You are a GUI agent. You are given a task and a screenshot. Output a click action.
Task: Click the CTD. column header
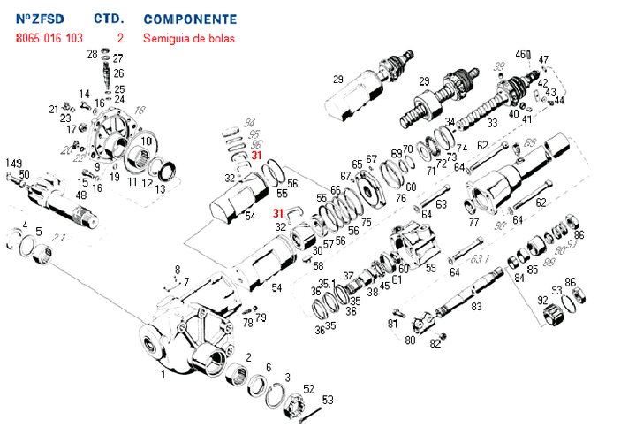pyautogui.click(x=109, y=19)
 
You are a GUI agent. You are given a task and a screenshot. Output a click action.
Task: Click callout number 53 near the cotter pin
pyautogui.click(x=328, y=400)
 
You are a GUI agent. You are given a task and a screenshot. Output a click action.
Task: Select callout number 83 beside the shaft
pyautogui.click(x=476, y=307)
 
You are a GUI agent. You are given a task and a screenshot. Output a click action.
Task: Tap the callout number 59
pyautogui.click(x=431, y=268)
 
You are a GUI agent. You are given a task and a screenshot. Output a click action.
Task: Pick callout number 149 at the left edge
pyautogui.click(x=13, y=164)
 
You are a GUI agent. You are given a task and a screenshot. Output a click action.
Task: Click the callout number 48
pyautogui.click(x=80, y=195)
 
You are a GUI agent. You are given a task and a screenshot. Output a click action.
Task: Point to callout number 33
pyautogui.click(x=492, y=122)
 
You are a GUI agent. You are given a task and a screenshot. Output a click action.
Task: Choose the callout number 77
pyautogui.click(x=473, y=221)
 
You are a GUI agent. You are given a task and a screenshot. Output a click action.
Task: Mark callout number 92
pyautogui.click(x=541, y=301)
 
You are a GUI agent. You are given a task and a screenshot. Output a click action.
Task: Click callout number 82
pyautogui.click(x=433, y=344)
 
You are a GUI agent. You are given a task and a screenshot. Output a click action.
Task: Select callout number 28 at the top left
pyautogui.click(x=92, y=55)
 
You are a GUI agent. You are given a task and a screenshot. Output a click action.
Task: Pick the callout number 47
pyautogui.click(x=543, y=59)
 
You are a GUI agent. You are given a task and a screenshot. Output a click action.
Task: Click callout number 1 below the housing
pyautogui.click(x=163, y=374)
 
